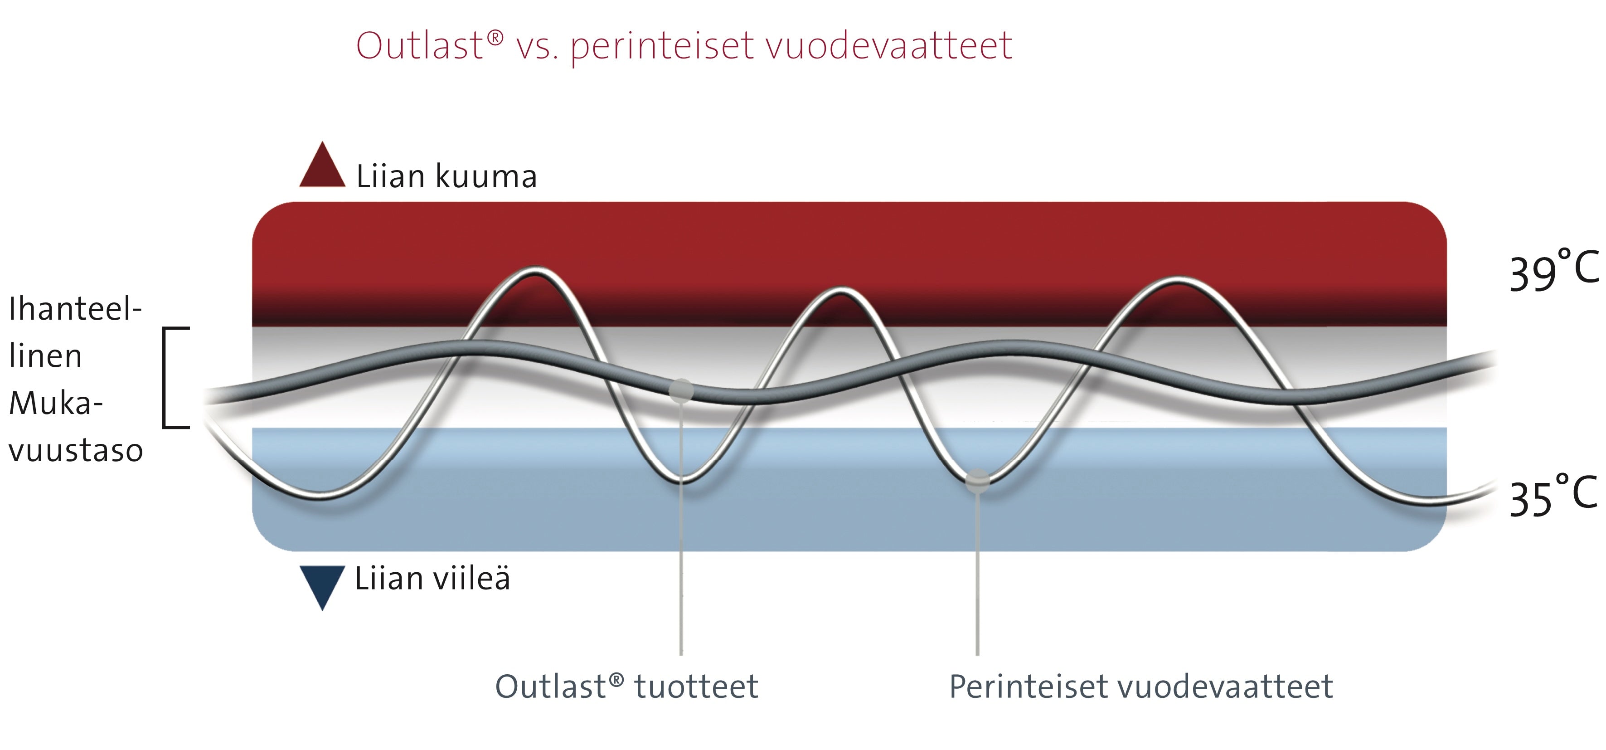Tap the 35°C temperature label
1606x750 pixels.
point(1553,496)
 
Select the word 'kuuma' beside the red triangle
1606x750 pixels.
point(486,176)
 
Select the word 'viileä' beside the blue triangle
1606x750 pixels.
point(471,578)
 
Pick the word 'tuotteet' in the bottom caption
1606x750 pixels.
point(696,687)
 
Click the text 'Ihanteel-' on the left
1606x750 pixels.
point(75,309)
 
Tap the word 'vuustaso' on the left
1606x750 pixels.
point(76,450)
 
